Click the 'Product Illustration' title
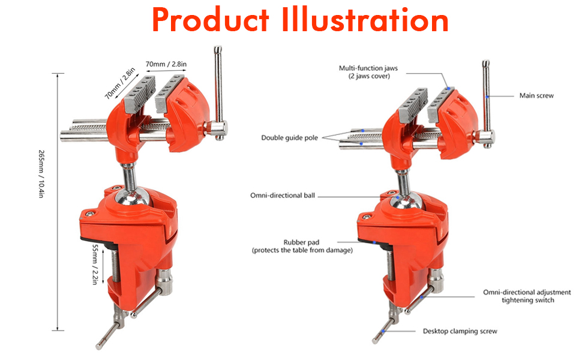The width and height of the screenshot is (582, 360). tap(300, 20)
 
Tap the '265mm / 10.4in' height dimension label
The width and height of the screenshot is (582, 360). tap(41, 173)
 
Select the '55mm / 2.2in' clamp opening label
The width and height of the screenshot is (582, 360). tap(95, 264)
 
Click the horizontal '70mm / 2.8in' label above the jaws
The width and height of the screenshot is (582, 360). tap(166, 64)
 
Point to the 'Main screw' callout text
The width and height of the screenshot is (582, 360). tap(536, 96)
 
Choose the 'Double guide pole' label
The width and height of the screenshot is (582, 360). tap(290, 137)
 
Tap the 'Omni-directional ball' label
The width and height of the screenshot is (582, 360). tap(283, 196)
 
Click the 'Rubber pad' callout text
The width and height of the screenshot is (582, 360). tap(301, 242)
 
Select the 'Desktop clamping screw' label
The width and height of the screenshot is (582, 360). tap(460, 331)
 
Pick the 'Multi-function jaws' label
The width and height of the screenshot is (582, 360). tap(368, 68)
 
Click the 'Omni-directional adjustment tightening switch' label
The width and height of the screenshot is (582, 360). tap(527, 296)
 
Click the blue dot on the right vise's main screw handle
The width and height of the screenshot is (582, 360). tap(487, 97)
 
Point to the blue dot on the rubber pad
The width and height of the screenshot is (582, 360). tap(374, 243)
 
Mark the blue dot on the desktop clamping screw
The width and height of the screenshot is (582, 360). tap(383, 331)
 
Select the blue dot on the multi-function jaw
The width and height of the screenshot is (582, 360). tap(448, 88)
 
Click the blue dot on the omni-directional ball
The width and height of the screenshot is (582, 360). tap(398, 197)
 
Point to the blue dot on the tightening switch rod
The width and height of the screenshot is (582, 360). tap(422, 297)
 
